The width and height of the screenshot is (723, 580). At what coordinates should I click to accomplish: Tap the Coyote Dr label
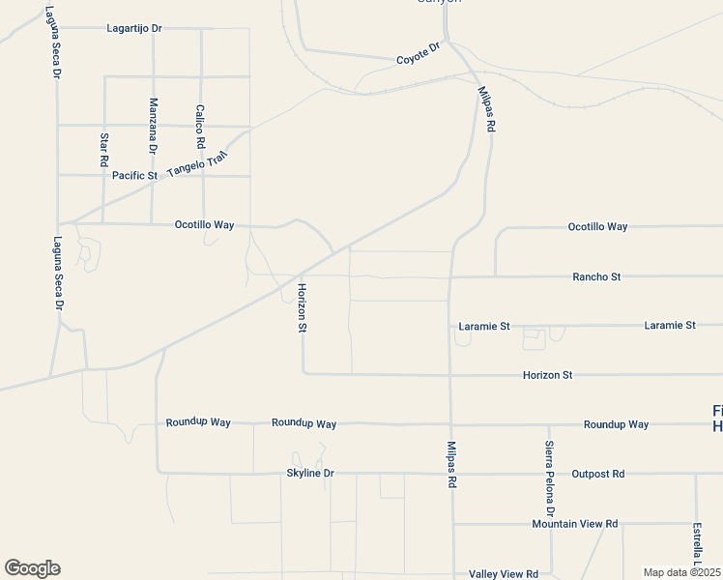pos(419,53)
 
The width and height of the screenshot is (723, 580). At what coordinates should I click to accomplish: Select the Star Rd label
pos(104,150)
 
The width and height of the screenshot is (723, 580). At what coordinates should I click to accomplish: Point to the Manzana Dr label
pos(153,126)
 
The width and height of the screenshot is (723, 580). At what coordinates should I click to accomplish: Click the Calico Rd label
pos(201,127)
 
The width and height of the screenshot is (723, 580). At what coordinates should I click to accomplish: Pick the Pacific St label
pos(134,176)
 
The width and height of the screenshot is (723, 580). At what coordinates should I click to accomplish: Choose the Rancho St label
pos(596,276)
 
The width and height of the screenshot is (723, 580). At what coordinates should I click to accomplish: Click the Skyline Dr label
pos(310,474)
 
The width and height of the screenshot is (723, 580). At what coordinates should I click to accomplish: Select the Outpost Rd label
pos(598,474)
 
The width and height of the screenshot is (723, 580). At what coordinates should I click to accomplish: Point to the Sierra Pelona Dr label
pos(548,477)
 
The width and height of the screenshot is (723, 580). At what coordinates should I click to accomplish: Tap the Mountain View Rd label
pos(574,524)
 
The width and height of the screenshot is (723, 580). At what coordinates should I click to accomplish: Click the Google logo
pos(32,568)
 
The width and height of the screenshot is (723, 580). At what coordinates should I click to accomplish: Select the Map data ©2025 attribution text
pos(680,572)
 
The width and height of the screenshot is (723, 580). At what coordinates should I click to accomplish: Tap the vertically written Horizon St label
pos(303,308)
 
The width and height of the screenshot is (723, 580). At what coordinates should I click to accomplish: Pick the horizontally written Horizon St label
pos(548,374)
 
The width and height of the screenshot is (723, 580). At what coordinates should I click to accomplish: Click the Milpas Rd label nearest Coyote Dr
pos(486,109)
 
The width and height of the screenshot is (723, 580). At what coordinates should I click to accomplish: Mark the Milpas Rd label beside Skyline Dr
pos(451,464)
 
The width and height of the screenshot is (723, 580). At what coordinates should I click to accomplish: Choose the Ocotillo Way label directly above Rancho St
pos(597,227)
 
